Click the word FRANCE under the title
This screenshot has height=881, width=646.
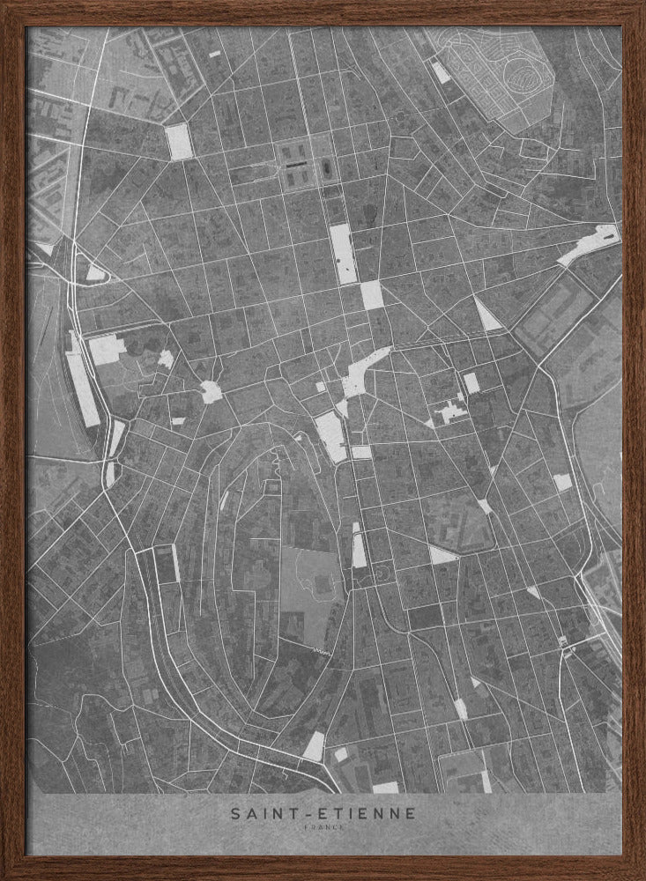click(323, 829)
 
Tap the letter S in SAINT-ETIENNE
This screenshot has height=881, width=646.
click(235, 814)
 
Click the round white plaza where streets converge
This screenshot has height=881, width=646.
click(211, 392)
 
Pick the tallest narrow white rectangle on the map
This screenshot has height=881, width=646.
click(343, 253)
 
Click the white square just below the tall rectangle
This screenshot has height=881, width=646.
click(373, 295)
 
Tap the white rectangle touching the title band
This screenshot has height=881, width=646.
click(385, 788)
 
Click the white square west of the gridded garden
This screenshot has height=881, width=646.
click(179, 142)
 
